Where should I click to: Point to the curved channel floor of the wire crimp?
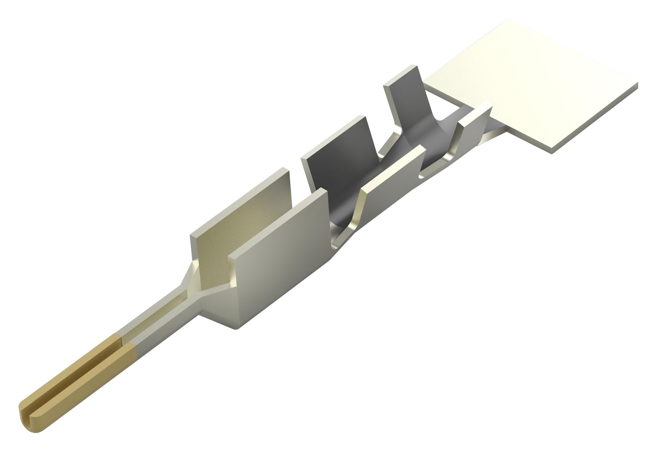[345, 213]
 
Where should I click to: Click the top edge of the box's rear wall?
[240, 194]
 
